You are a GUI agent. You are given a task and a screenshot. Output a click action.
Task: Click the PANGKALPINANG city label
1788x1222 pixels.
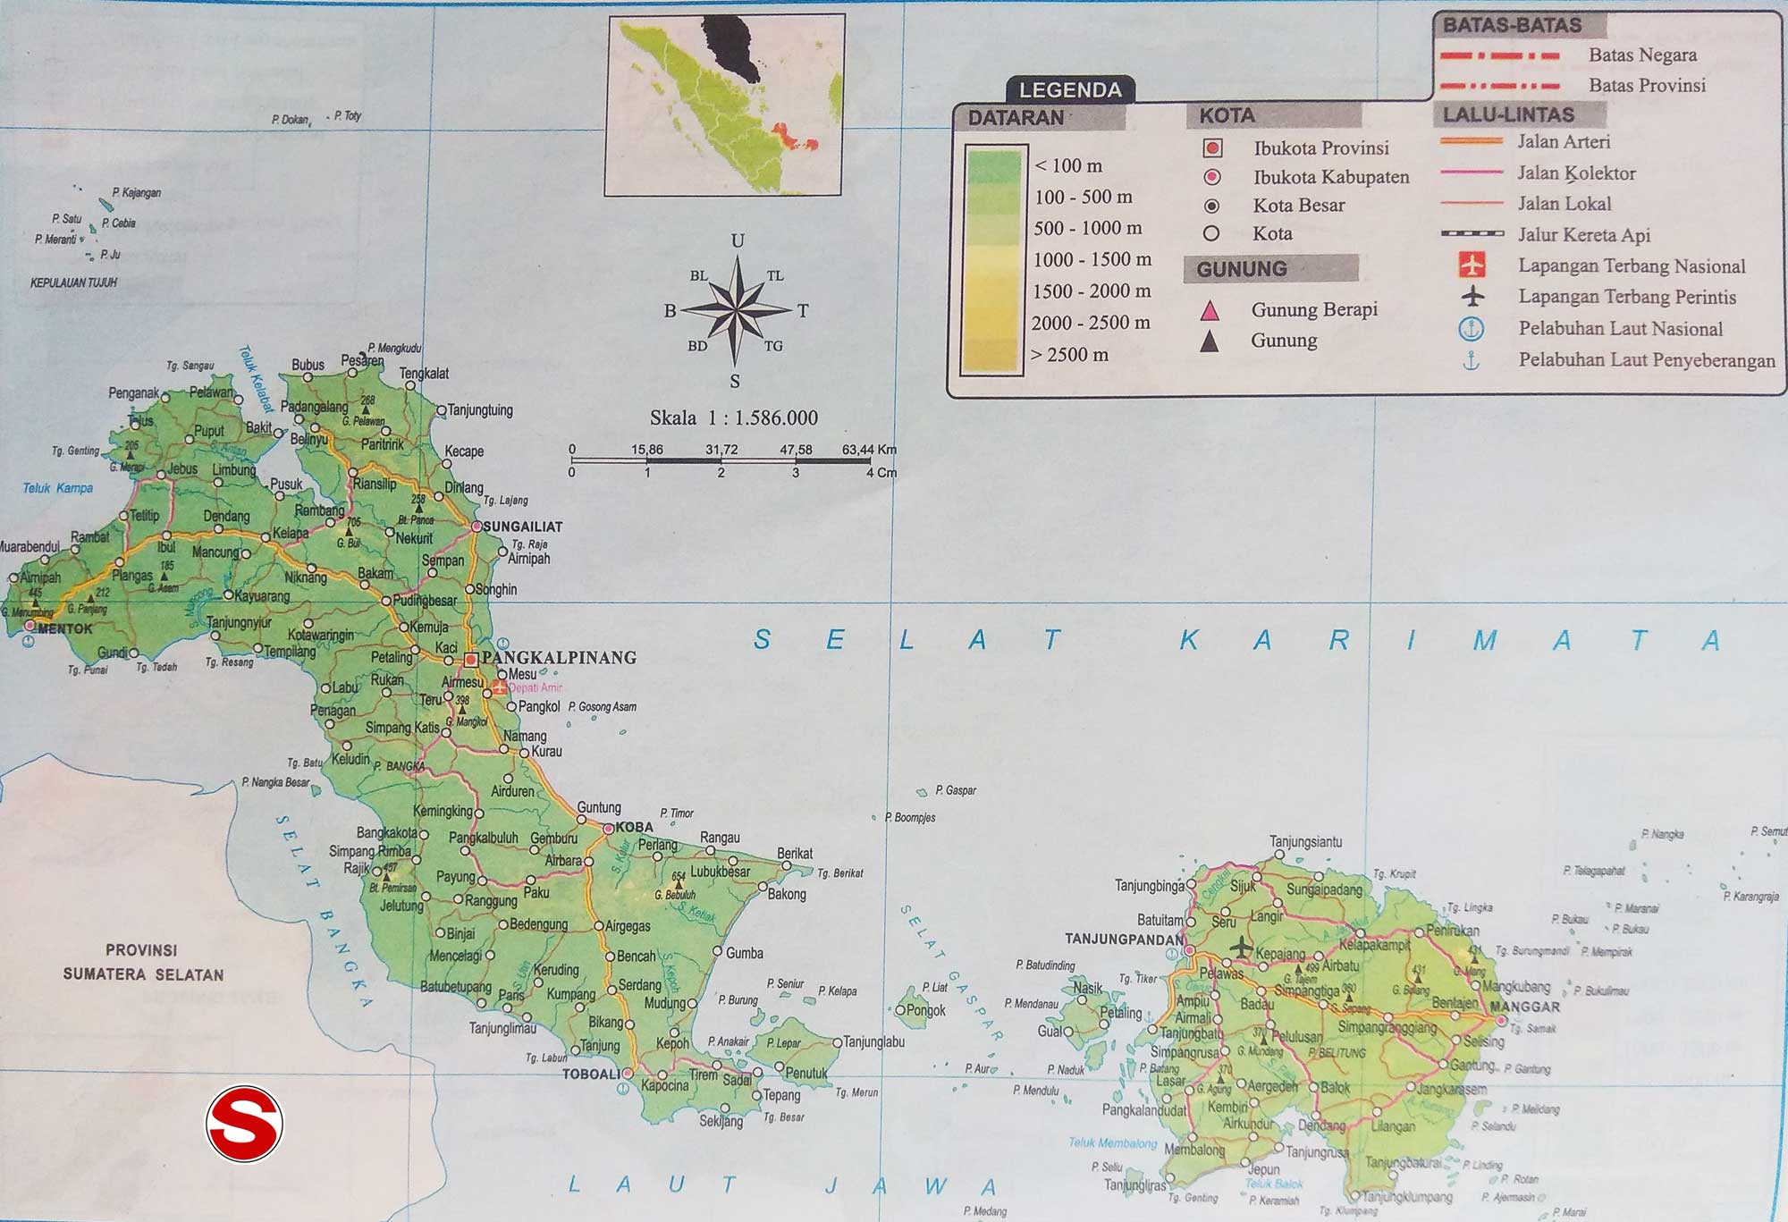559,658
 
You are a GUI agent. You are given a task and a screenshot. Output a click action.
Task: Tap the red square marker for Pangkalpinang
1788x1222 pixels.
471,660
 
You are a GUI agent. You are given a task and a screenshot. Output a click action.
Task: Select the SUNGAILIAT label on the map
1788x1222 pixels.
523,527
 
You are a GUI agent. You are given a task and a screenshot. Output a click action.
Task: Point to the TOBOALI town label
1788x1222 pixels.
590,1075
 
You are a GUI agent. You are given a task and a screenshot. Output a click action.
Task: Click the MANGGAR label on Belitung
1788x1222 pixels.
1525,1007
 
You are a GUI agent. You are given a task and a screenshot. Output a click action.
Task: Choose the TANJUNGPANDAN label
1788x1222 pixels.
1124,940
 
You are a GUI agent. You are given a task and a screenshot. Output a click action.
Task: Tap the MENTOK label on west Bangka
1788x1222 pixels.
65,629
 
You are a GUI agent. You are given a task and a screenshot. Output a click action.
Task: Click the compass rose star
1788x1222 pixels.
737,310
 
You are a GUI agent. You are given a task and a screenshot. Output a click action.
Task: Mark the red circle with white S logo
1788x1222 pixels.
244,1124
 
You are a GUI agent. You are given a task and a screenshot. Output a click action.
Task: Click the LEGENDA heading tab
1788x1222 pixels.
1070,90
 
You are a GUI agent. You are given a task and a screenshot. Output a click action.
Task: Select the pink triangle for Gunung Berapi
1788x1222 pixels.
1210,311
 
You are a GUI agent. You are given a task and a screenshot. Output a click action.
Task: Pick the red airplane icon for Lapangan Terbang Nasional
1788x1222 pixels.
1472,265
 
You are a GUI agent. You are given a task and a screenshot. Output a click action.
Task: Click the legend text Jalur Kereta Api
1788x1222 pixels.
1584,235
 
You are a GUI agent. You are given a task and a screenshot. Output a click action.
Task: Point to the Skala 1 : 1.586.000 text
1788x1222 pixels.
734,418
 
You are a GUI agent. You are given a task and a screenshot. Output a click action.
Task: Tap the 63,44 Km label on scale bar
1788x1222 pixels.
868,450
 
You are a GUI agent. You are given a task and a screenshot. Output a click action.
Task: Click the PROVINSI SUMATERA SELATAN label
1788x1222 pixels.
143,963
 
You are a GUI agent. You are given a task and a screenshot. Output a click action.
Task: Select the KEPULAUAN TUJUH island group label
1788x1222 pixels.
74,282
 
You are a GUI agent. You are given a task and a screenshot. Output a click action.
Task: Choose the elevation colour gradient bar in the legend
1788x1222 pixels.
992,260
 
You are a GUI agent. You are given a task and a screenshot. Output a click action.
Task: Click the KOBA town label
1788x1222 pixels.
634,828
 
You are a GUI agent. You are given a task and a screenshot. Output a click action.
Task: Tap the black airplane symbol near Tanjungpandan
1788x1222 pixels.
1241,946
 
